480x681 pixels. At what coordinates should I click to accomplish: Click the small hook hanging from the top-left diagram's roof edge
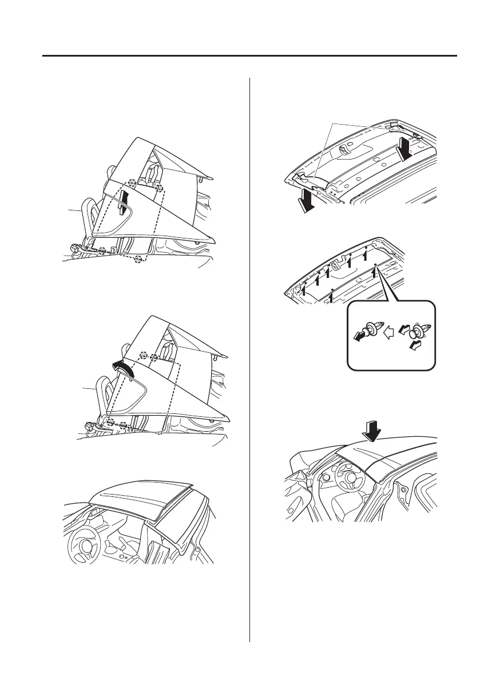[x=202, y=180]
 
